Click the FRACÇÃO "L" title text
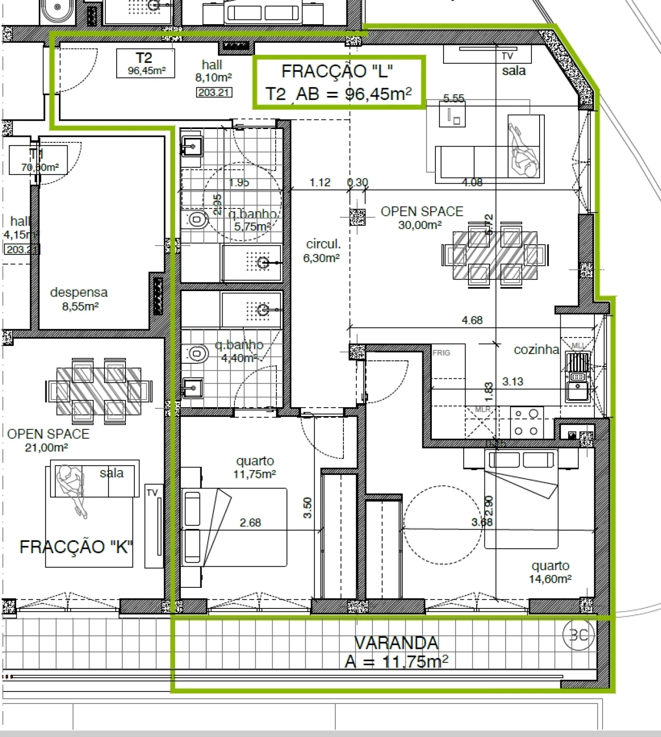337,71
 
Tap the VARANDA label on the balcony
396,643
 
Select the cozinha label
537,350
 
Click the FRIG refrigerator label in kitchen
441,353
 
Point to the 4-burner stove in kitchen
526,422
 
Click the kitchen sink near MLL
577,391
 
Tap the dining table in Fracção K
99,391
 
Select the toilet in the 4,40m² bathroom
196,354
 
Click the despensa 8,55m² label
79,299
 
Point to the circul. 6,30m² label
323,250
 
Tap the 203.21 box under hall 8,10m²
214,92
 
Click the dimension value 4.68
472,321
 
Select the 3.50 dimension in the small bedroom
308,508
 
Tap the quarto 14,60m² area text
550,572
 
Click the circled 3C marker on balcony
578,635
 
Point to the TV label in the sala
507,56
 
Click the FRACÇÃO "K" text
76,547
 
